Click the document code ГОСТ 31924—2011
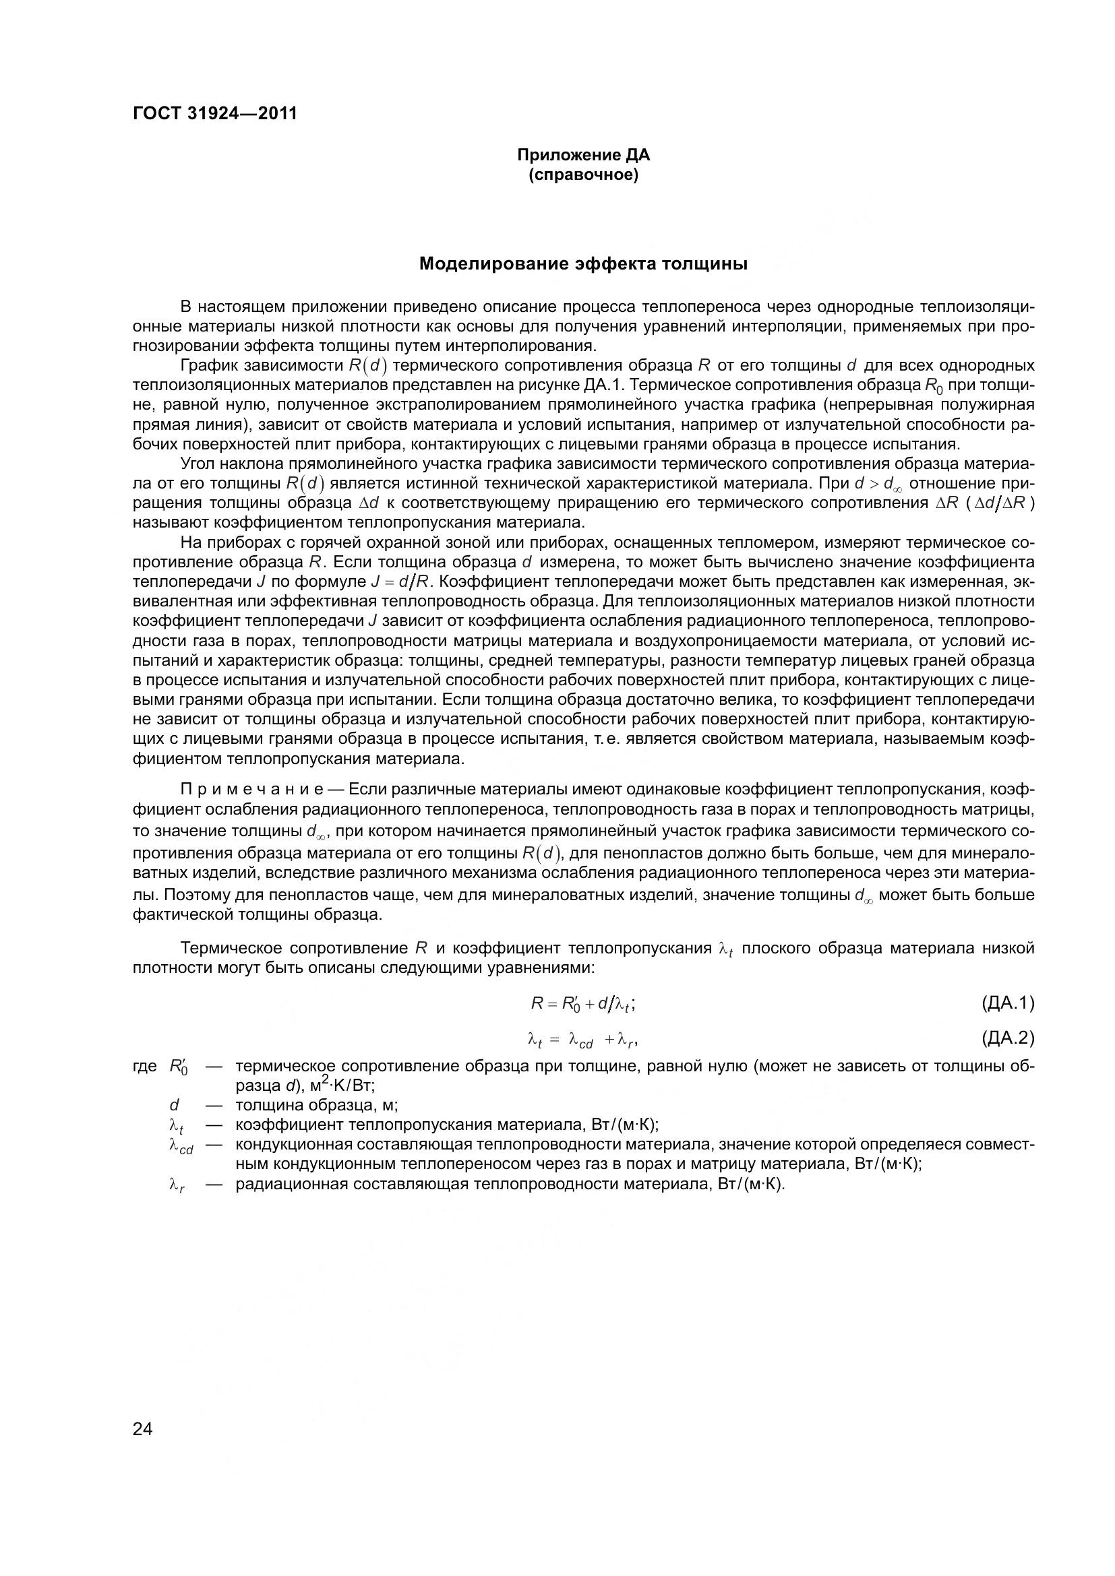click(x=214, y=113)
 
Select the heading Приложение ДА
click(x=583, y=155)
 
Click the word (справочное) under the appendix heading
click(x=583, y=176)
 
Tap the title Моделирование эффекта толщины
click(x=583, y=263)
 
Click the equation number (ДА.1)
click(x=1007, y=1003)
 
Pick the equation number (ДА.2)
click(x=1007, y=1038)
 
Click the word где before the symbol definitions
click(x=145, y=1067)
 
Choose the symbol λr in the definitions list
click(x=177, y=1185)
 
